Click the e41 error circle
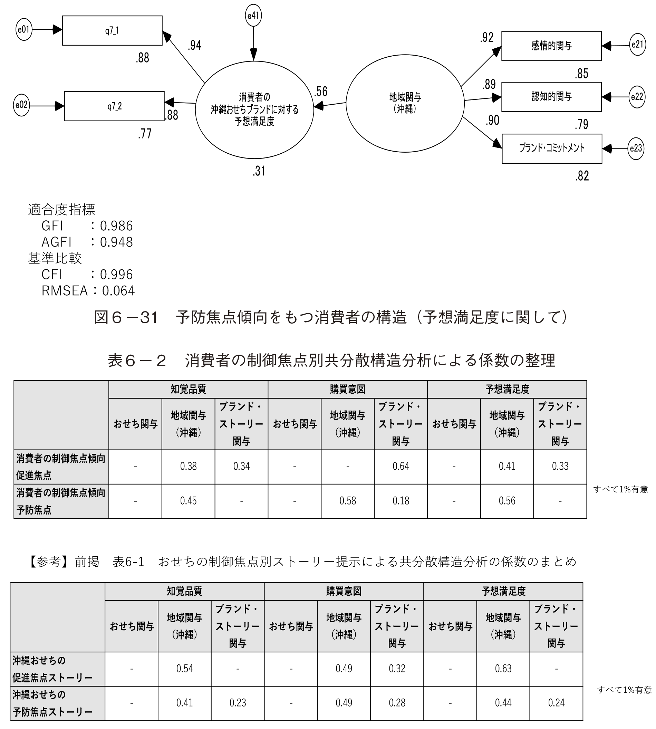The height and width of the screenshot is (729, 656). click(253, 16)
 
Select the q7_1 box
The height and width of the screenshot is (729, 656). click(112, 31)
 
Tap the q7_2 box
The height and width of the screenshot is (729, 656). click(114, 106)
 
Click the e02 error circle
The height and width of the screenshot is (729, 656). click(21, 105)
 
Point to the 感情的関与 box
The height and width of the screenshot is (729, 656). click(551, 46)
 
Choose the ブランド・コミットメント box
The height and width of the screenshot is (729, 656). click(552, 148)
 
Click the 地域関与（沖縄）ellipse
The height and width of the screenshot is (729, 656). click(405, 104)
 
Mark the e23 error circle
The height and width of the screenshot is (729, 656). click(636, 148)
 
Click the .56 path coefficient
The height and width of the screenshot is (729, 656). click(320, 92)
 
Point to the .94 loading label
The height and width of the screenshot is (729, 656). click(194, 46)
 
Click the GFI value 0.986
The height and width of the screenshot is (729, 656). click(116, 226)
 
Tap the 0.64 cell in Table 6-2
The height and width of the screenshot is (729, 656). click(401, 467)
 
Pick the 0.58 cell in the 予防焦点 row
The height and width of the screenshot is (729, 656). click(348, 501)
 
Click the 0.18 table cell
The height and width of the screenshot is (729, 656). click(401, 501)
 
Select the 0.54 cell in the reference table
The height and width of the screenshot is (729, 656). click(185, 669)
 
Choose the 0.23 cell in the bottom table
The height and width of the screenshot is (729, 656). click(238, 703)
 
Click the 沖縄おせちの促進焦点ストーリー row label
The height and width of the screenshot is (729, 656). click(52, 669)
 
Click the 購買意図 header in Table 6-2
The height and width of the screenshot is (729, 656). click(348, 390)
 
